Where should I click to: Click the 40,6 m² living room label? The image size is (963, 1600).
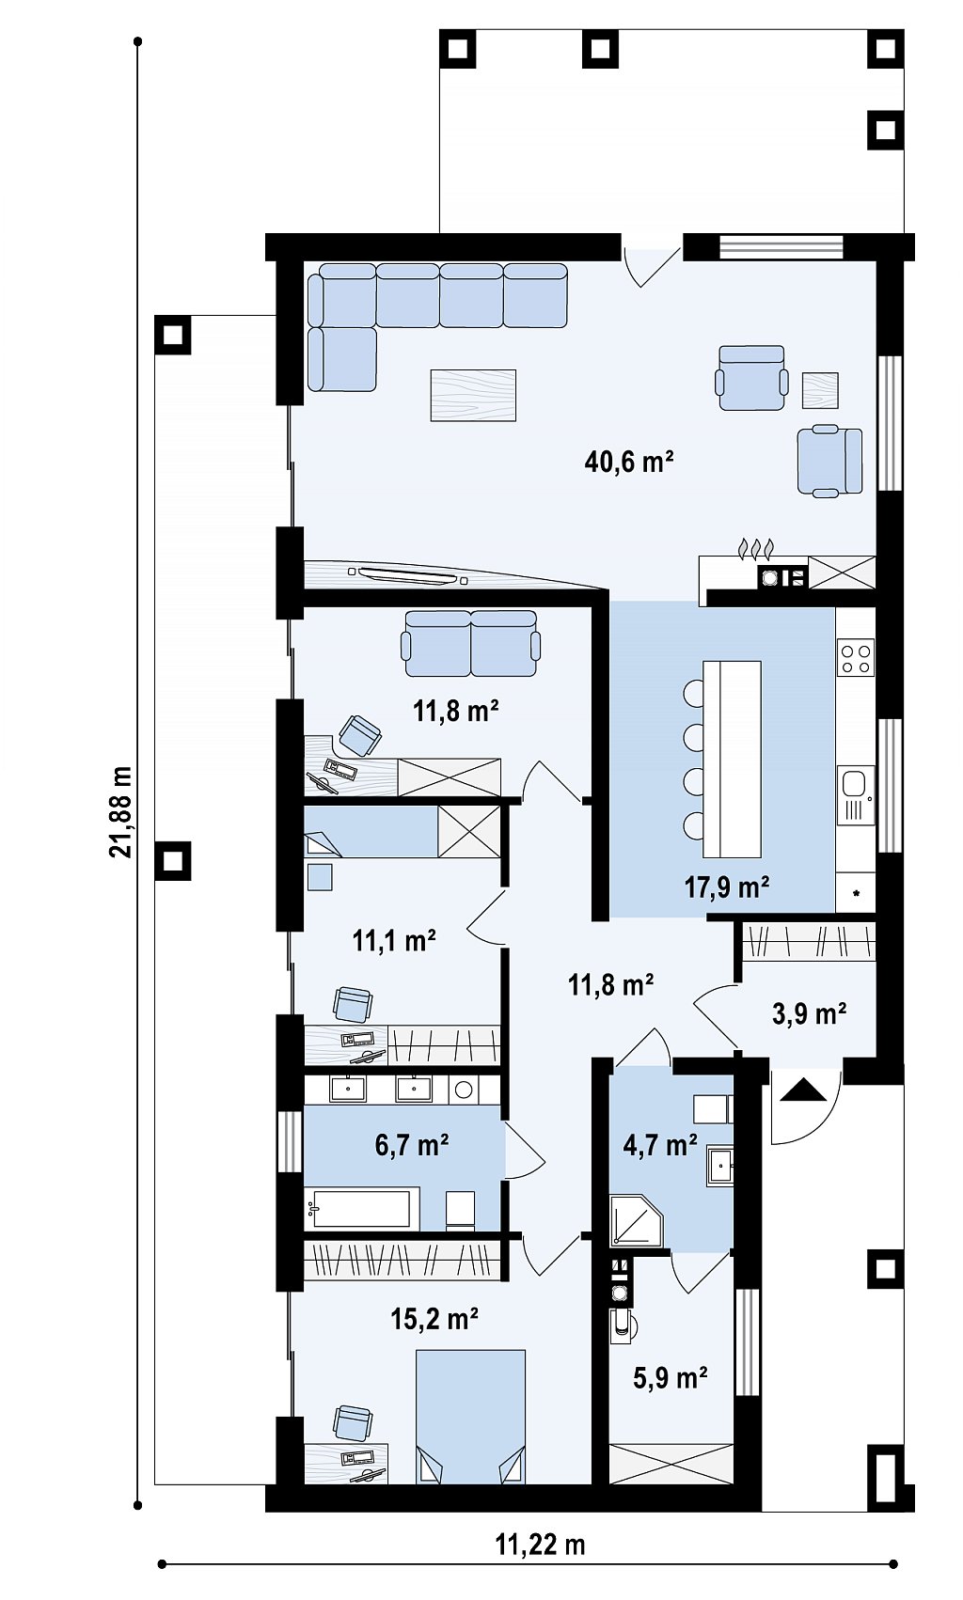[x=628, y=462]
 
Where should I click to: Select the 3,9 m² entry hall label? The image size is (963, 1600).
[x=810, y=1012]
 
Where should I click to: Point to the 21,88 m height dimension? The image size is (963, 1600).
[x=119, y=811]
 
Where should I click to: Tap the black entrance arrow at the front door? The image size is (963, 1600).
[x=803, y=1090]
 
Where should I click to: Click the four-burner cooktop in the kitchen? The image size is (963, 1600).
[x=856, y=658]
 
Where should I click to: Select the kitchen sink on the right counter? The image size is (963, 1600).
[x=855, y=795]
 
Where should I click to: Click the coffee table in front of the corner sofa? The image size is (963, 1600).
[x=472, y=395]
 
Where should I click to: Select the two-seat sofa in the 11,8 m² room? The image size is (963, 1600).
[x=470, y=643]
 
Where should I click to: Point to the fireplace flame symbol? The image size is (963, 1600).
[x=755, y=549]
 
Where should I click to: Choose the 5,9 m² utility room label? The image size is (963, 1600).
[x=671, y=1377]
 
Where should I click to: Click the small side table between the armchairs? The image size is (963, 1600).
[x=820, y=390]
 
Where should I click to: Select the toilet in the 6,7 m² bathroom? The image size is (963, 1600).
[x=460, y=1210]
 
